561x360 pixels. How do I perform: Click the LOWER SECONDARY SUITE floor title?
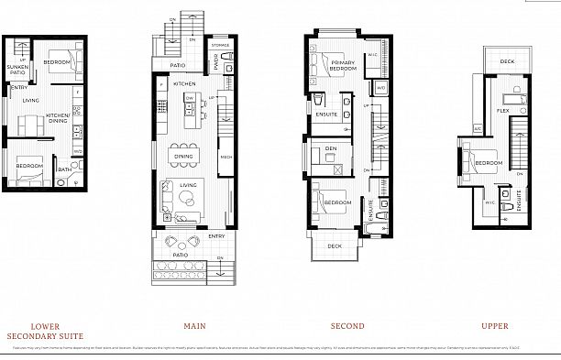[46, 331]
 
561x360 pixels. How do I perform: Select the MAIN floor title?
[193, 325]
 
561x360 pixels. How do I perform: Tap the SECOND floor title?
[346, 325]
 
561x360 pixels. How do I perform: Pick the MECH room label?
[225, 158]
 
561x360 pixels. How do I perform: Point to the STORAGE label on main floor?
[220, 44]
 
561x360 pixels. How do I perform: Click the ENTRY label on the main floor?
[216, 236]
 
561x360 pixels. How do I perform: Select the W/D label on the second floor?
[379, 88]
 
